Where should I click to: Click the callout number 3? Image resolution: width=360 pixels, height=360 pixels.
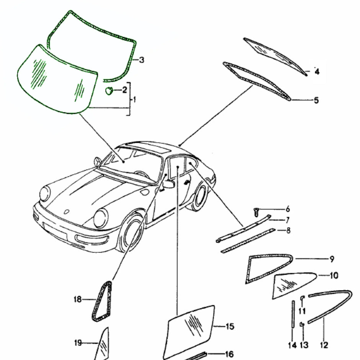141,60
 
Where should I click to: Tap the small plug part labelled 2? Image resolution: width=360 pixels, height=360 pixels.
110,91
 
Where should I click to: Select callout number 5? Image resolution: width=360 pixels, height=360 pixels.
316,101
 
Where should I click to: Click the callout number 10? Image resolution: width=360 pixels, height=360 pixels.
333,275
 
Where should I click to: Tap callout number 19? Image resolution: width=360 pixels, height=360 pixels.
78,343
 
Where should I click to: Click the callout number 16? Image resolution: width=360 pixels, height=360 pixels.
229,355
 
